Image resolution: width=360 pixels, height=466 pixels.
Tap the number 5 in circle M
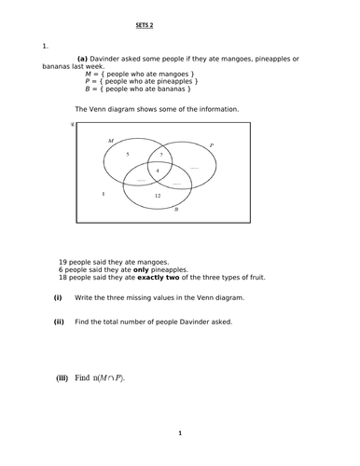[x=128, y=153]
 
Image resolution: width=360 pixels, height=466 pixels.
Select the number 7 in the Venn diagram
[x=161, y=153]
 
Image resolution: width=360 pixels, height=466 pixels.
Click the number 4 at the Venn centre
[x=158, y=171]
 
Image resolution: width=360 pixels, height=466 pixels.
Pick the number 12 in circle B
[x=158, y=196]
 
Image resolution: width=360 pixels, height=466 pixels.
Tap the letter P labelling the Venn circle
[x=212, y=146]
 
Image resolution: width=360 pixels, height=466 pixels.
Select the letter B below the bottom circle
[x=175, y=212]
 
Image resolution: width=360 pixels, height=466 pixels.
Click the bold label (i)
[x=58, y=297]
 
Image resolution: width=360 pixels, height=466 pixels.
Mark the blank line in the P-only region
[x=194, y=167]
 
